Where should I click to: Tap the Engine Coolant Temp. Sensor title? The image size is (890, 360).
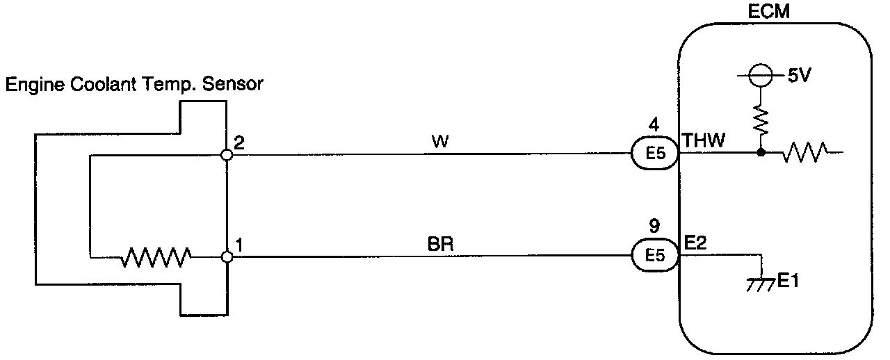tap(134, 85)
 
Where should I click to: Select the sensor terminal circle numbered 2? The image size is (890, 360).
tap(226, 156)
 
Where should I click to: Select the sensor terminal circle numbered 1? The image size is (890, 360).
tap(226, 257)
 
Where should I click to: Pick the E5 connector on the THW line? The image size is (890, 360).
tap(655, 155)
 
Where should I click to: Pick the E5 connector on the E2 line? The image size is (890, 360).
tap(655, 256)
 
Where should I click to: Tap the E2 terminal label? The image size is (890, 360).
tap(695, 243)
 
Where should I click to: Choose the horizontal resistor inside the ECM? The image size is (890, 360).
tap(804, 152)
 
